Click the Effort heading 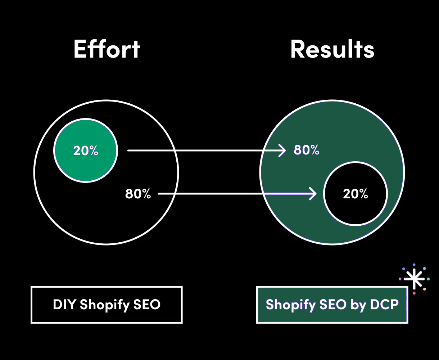coord(107,49)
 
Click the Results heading coord(332,49)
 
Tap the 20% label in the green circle coord(86,150)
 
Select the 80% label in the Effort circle coord(138,194)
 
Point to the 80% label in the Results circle coord(306,150)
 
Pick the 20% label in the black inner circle coord(356,194)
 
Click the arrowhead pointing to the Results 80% coord(282,150)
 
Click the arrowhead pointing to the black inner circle coord(313,194)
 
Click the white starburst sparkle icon coord(414,279)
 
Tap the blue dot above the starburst coord(414,265)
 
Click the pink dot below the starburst coord(414,293)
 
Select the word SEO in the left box coord(147,305)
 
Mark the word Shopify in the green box coord(290,305)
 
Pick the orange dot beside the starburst coord(425,289)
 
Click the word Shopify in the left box coord(104,305)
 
